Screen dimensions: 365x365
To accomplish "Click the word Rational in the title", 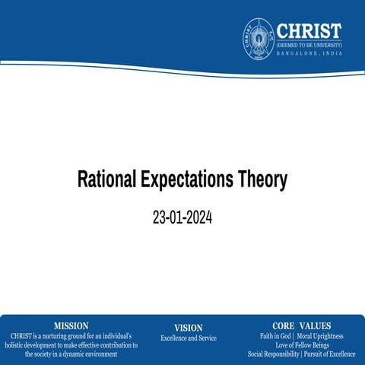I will coord(107,180).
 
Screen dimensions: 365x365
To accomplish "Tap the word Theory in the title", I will coord(264,180).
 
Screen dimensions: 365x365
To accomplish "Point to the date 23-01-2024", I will coord(182,217).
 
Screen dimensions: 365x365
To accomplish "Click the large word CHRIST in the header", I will coord(308,30).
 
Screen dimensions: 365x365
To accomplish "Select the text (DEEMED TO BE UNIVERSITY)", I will coord(308,45).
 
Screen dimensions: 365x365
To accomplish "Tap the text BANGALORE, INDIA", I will coord(308,53).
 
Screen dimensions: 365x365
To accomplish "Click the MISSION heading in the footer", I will coord(71,325).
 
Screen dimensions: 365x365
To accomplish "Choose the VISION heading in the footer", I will coord(188,328).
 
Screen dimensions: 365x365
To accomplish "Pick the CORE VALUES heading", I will coord(301,325).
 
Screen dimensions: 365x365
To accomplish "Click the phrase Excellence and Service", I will coord(188,338).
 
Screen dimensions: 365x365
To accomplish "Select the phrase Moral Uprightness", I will coord(320,335).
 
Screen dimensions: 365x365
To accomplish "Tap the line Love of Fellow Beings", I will coord(301,344).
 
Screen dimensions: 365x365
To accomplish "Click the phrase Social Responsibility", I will coord(273,354).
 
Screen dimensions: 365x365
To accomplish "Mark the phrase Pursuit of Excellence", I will coord(330,354).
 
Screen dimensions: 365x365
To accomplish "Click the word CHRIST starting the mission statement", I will coord(21,335).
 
